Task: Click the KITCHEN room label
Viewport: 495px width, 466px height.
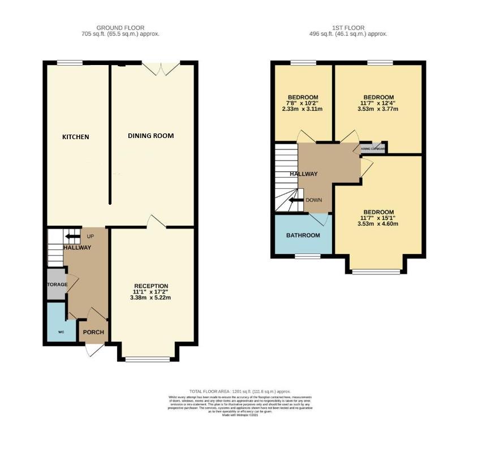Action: [x=76, y=137]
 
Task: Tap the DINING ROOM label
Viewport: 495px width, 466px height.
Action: [x=150, y=136]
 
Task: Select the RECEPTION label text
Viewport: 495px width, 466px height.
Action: [x=151, y=286]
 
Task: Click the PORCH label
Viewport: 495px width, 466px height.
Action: [x=94, y=332]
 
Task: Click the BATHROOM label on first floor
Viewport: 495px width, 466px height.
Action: [x=303, y=235]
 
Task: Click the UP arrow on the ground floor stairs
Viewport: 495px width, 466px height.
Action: [x=72, y=236]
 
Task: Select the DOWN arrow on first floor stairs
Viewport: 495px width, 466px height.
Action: [x=295, y=200]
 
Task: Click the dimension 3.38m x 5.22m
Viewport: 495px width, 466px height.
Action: [x=151, y=297]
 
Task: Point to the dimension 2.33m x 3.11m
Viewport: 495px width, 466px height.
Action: [x=302, y=109]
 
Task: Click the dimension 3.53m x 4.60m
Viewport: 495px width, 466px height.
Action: [x=378, y=223]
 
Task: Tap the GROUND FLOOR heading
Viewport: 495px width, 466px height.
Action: [x=120, y=28]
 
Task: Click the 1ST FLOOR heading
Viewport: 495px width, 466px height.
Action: [x=348, y=28]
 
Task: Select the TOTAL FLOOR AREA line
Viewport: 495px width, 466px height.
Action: [x=240, y=391]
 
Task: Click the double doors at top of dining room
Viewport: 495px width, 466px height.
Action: [x=161, y=67]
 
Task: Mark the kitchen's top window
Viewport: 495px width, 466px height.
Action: [x=70, y=62]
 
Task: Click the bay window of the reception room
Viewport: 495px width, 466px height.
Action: [x=147, y=359]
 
